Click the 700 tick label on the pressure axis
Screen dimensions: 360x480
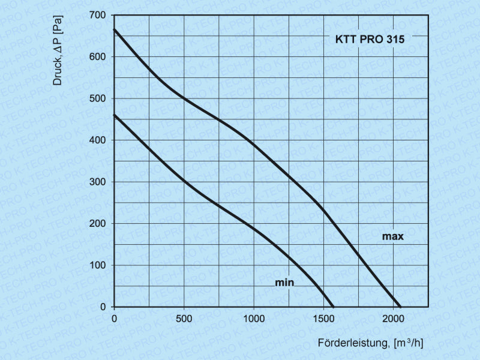[98, 15]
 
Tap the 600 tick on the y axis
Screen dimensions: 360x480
[98, 57]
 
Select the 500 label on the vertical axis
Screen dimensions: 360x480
[98, 98]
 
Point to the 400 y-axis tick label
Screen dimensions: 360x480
[98, 140]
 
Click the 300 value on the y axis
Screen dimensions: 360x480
[98, 182]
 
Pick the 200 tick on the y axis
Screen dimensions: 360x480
[98, 224]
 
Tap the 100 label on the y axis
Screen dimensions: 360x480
[98, 265]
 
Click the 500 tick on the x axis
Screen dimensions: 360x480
[184, 319]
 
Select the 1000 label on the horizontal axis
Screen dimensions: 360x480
[254, 319]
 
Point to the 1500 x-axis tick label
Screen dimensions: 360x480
[324, 319]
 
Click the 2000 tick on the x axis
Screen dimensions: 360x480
[394, 319]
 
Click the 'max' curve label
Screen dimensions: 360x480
[393, 236]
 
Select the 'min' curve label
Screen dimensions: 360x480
[284, 282]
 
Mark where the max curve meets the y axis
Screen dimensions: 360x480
[115, 29]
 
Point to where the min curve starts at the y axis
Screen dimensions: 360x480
[115, 115]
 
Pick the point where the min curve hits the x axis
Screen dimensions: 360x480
[334, 307]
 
